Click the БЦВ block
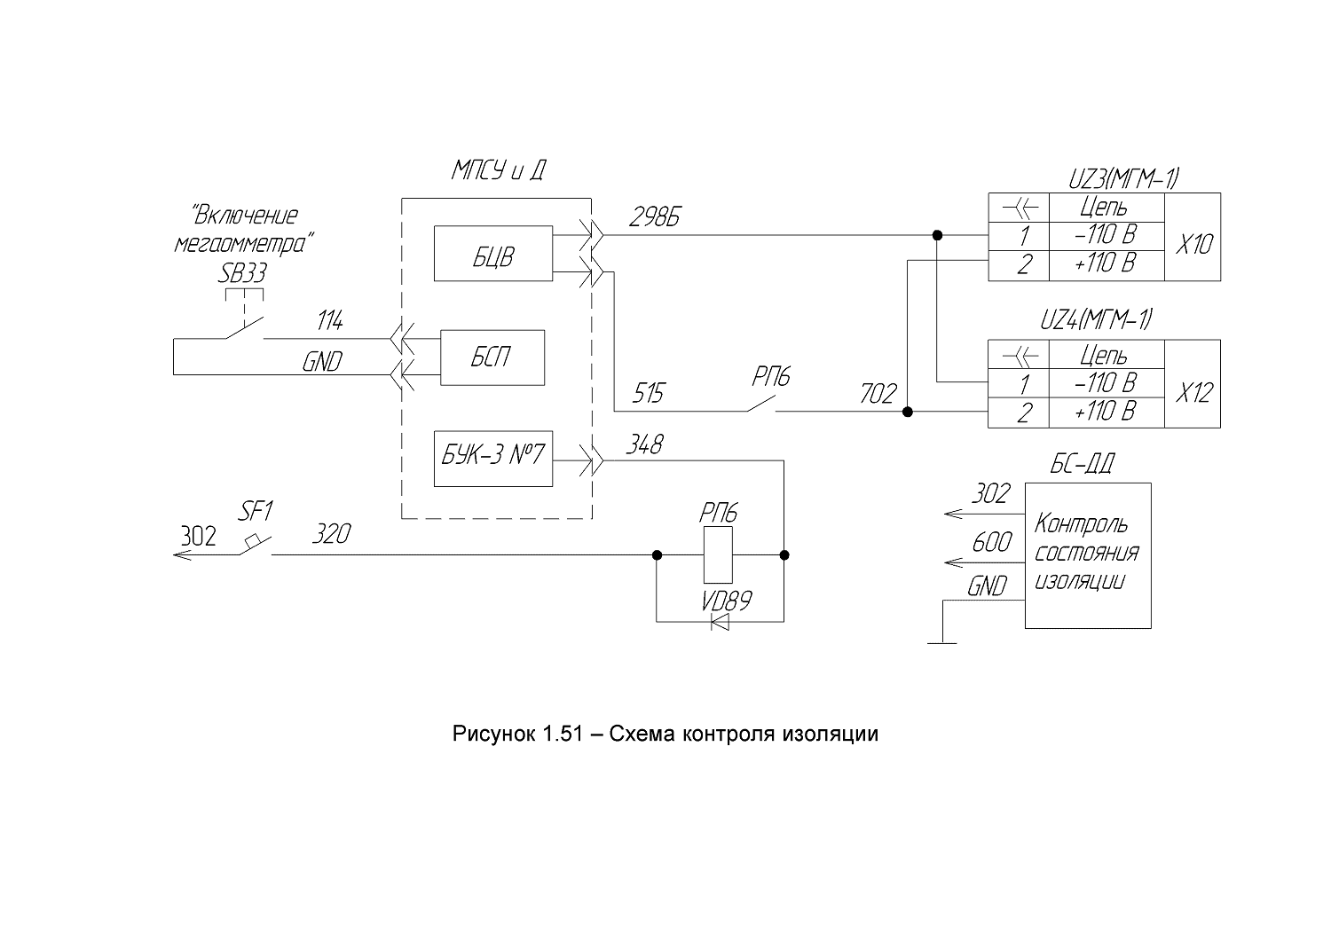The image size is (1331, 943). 493,253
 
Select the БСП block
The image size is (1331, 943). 492,358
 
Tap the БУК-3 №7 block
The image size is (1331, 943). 493,459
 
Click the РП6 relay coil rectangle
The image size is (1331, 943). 718,555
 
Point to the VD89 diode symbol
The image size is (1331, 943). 720,622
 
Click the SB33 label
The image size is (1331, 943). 242,273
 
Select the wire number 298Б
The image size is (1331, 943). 654,217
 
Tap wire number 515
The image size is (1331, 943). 648,393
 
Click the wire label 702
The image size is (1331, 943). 878,393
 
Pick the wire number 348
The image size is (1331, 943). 644,444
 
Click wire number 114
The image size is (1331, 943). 330,321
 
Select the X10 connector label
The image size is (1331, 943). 1193,244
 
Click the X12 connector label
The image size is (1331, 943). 1193,393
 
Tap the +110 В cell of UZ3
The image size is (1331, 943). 1107,265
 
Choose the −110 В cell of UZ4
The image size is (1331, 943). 1107,382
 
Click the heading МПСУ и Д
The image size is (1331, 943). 498,170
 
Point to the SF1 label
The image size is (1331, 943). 256,511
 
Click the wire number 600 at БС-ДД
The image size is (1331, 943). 992,542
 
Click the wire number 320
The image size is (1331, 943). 332,533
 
